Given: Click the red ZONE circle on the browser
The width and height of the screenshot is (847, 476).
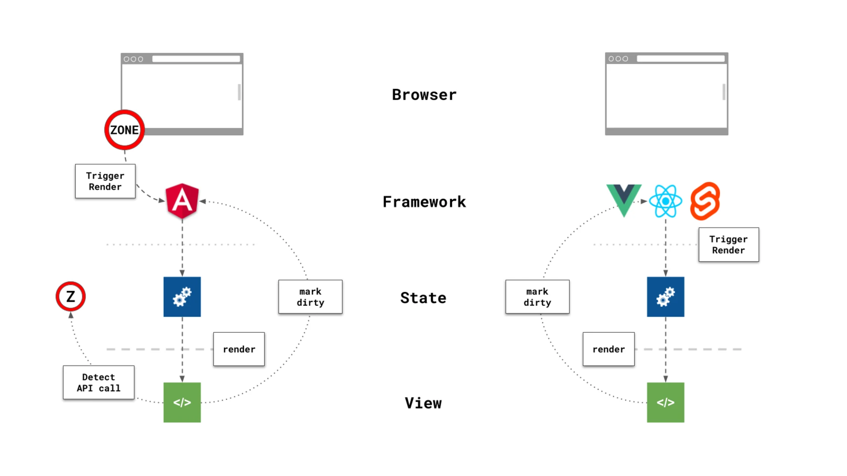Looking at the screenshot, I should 124,130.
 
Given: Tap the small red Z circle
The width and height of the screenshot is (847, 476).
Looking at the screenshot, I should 71,296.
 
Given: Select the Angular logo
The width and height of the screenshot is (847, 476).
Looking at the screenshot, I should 182,201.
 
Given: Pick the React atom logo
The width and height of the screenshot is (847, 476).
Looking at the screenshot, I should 665,201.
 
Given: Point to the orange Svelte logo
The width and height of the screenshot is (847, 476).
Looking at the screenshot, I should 705,201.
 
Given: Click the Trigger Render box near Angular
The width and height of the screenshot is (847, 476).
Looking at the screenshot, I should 105,181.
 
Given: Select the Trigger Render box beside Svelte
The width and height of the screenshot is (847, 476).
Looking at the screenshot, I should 728,245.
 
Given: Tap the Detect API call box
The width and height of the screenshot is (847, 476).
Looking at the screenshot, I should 98,382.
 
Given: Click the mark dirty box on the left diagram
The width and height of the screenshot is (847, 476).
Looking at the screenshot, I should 310,297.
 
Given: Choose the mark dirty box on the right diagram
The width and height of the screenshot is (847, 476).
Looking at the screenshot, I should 537,297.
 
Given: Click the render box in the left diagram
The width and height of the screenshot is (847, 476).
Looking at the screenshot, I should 239,349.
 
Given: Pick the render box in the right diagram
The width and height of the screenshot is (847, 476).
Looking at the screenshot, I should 608,349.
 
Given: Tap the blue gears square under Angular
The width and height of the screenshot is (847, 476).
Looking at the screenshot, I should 182,297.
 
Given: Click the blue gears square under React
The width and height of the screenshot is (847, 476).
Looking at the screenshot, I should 665,297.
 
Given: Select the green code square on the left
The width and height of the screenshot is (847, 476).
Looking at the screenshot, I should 182,402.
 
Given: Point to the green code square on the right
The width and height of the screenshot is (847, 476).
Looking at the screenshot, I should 665,402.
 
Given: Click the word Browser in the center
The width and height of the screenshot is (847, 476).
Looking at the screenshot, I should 424,95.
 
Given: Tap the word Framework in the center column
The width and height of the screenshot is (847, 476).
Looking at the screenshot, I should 424,202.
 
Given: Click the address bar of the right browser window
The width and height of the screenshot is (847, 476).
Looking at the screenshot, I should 680,59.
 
